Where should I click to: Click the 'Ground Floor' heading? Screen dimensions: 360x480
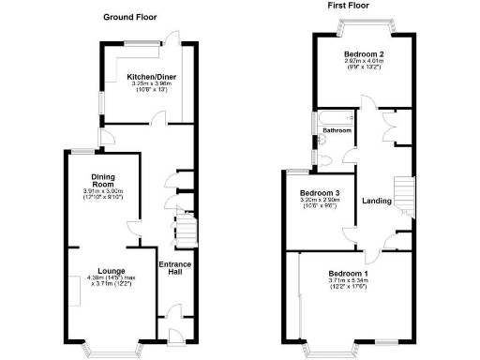129,17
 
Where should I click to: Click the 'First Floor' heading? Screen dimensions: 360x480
348,6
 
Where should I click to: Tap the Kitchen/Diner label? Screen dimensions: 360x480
148,77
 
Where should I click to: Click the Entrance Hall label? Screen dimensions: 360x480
174,269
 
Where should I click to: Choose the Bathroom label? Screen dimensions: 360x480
337,130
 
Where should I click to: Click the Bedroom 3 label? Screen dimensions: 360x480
319,193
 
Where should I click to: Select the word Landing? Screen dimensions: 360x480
377,201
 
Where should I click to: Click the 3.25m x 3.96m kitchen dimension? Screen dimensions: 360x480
148,84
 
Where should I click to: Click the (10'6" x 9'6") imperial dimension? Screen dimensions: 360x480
319,207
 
